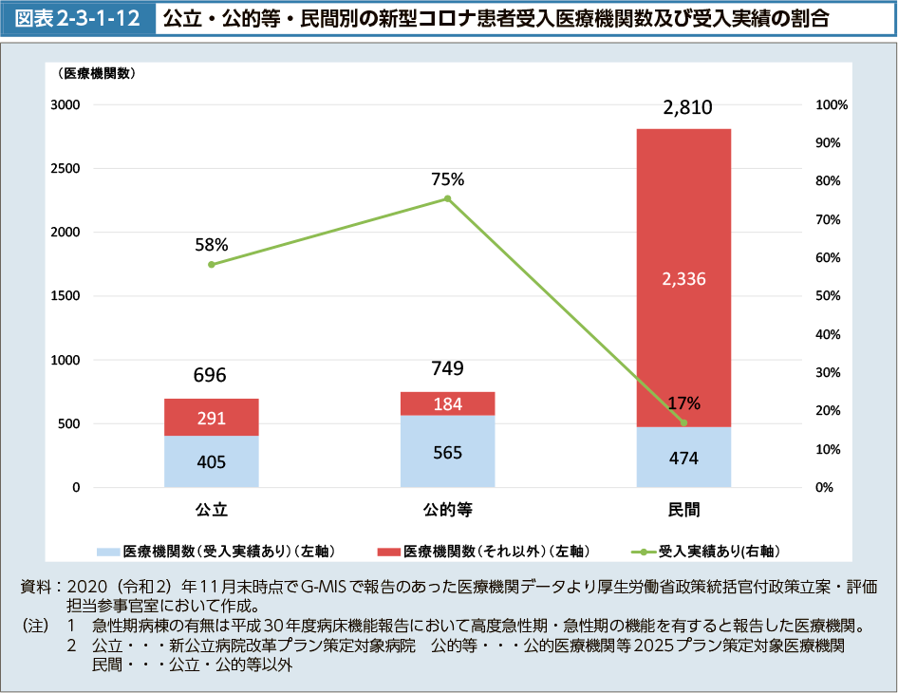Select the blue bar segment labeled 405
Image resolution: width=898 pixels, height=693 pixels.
tap(211, 461)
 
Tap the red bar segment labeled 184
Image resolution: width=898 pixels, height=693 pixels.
tap(447, 403)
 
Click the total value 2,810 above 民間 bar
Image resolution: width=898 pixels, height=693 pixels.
tap(687, 107)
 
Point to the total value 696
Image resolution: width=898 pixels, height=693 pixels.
tap(210, 375)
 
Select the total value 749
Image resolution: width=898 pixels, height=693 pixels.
tap(446, 368)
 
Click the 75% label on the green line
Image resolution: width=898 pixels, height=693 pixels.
tap(447, 178)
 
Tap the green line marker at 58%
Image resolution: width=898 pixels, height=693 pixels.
tap(211, 264)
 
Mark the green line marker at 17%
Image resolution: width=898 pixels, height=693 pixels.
tap(683, 422)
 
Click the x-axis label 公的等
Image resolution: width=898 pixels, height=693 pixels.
tap(447, 510)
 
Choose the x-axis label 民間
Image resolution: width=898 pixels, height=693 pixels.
tap(683, 510)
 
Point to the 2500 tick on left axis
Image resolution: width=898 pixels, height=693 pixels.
tap(65, 169)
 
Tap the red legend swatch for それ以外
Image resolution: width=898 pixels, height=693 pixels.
tap(388, 551)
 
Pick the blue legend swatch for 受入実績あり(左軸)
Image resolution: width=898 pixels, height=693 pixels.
tap(107, 551)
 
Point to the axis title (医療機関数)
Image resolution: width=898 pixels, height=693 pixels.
tap(97, 72)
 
